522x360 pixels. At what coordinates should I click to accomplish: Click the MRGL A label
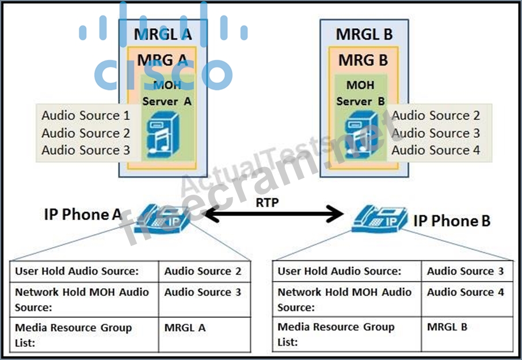click(162, 34)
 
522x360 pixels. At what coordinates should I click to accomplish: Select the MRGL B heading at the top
click(364, 34)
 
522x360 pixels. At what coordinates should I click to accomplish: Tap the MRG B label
click(363, 60)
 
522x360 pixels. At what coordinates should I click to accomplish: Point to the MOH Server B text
click(360, 93)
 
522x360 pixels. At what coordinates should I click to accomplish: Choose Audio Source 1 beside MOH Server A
click(85, 116)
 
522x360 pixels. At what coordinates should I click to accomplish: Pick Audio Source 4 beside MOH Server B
click(436, 150)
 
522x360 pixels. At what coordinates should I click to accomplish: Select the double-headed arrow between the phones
click(272, 216)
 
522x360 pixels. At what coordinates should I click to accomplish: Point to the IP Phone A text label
click(83, 215)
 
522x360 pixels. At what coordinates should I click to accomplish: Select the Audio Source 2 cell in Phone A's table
click(203, 271)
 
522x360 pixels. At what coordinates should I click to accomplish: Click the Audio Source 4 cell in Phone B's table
click(465, 293)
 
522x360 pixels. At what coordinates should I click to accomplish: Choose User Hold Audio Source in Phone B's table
click(340, 271)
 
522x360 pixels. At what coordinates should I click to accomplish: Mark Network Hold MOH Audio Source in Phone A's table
click(82, 300)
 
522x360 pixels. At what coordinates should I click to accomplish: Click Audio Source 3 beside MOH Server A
click(85, 150)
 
